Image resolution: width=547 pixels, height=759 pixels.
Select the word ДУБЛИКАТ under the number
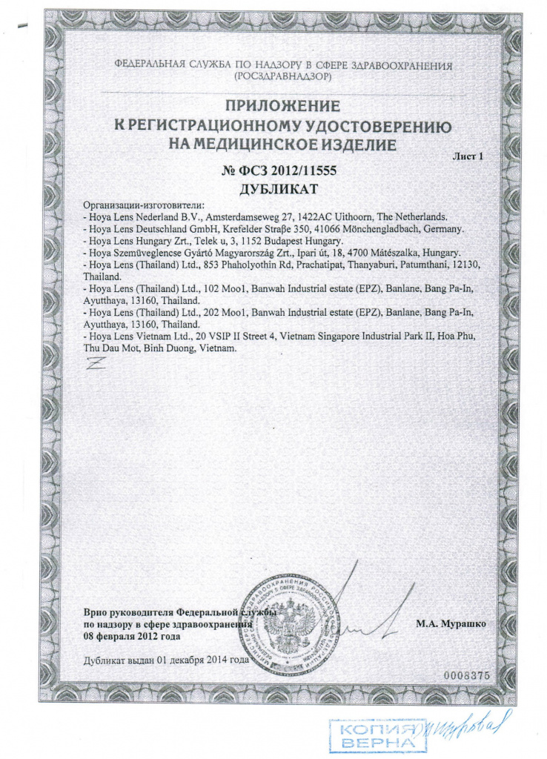pyautogui.click(x=279, y=189)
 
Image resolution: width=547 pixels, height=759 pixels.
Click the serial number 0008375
pyautogui.click(x=467, y=676)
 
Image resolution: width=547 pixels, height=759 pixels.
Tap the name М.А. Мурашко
pyautogui.click(x=451, y=625)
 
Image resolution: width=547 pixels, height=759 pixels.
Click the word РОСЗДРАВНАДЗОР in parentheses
pyautogui.click(x=282, y=76)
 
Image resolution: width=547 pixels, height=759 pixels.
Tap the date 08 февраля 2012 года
pyautogui.click(x=131, y=637)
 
